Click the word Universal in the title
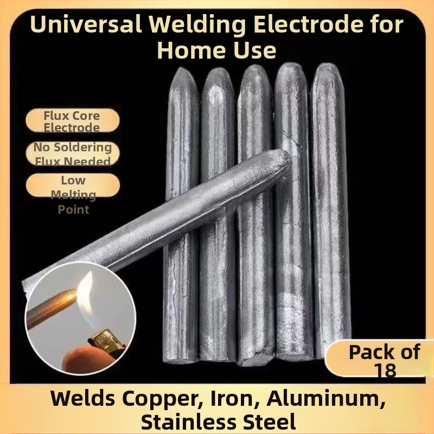pyautogui.click(x=86, y=24)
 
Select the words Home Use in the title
pyautogui.click(x=216, y=50)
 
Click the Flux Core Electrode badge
pyautogui.click(x=73, y=120)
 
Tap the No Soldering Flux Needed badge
pyautogui.click(x=73, y=154)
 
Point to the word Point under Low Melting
pyautogui.click(x=73, y=209)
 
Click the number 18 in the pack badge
pyautogui.click(x=385, y=370)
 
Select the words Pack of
pyautogui.click(x=385, y=352)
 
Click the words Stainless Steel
pyautogui.click(x=219, y=422)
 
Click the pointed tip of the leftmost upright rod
pyautogui.click(x=182, y=69)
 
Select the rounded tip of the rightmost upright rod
pyautogui.click(x=328, y=65)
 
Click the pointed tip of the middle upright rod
pyautogui.click(x=254, y=66)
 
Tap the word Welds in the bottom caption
pyautogui.click(x=83, y=398)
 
